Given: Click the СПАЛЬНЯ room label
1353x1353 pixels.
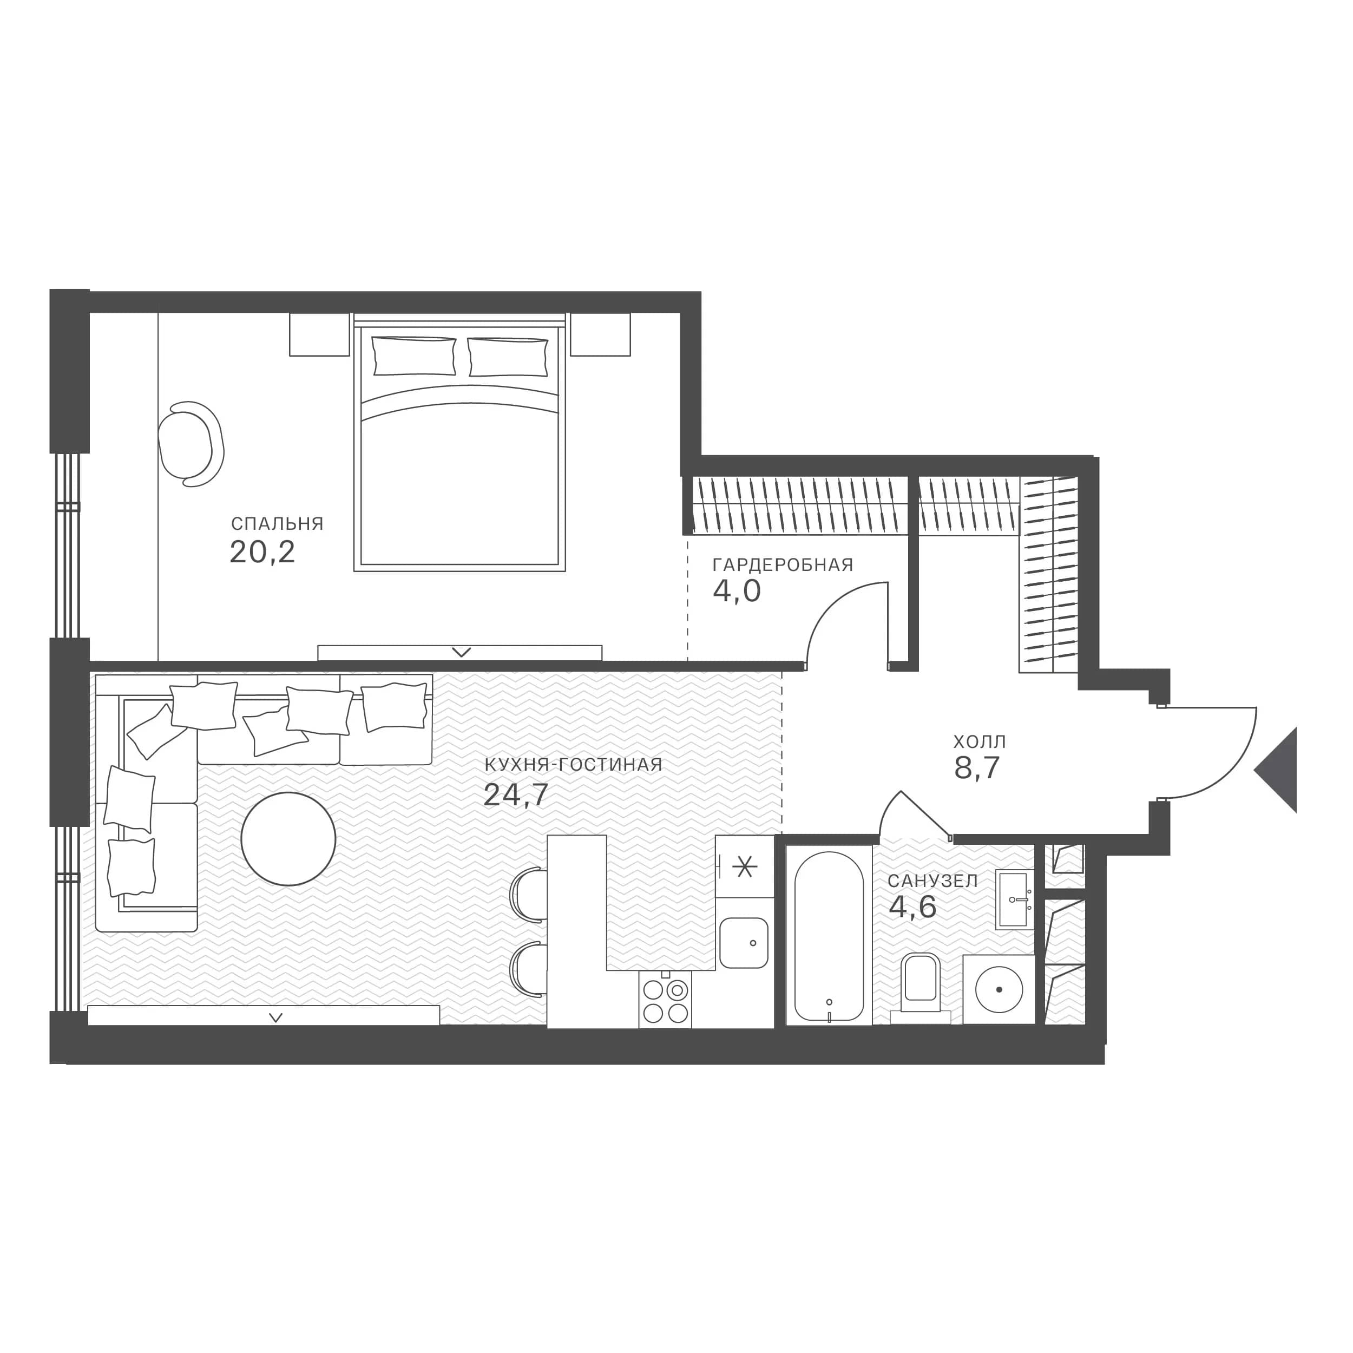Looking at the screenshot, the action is [277, 524].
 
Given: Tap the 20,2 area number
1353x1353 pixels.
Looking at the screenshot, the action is [262, 553].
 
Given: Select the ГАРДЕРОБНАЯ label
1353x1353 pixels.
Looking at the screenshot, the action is [783, 565].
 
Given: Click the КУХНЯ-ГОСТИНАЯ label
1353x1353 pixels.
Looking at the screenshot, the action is [573, 765].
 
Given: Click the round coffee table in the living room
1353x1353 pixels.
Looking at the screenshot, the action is [288, 839].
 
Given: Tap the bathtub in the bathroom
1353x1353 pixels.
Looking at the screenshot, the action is [829, 936].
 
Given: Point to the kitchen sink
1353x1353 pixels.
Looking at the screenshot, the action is [744, 943].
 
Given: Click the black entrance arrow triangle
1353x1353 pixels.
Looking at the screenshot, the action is [1276, 770].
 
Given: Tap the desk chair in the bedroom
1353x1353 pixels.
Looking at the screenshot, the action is [191, 443].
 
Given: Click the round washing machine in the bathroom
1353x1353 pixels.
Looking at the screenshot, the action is [999, 989].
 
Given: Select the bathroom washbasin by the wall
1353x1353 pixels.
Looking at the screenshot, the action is [1015, 900].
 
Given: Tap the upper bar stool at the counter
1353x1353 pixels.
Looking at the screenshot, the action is [529, 894].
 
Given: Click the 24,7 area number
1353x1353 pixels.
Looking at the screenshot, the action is [516, 796].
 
